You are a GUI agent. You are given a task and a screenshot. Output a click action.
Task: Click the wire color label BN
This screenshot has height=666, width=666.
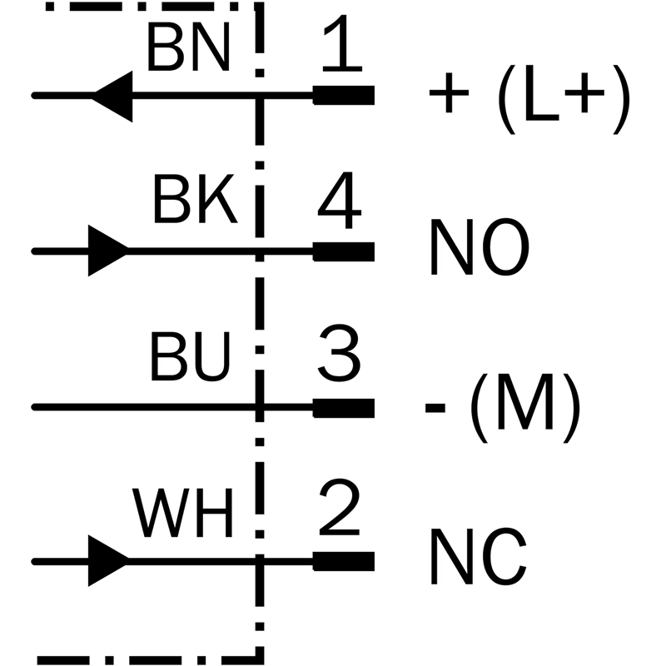click(x=189, y=47)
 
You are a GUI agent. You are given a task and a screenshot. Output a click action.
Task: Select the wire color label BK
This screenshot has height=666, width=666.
click(x=195, y=198)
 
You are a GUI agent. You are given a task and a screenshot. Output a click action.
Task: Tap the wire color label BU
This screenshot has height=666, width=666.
click(x=190, y=355)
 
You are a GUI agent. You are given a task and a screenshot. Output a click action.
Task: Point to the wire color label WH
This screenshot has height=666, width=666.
click(x=183, y=512)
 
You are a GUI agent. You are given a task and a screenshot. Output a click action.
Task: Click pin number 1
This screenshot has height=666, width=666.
click(x=342, y=43)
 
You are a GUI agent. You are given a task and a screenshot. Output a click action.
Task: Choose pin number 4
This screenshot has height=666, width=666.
click(x=340, y=200)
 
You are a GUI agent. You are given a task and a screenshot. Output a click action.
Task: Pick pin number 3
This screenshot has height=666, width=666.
click(x=340, y=353)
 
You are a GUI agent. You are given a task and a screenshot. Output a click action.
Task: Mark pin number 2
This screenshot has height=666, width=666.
click(x=340, y=507)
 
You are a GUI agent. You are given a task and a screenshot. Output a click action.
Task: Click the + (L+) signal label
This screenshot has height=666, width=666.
click(x=529, y=99)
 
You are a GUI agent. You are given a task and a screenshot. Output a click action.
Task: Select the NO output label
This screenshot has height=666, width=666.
click(x=480, y=247)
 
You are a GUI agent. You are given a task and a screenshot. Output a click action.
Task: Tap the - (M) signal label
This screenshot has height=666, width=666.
click(x=503, y=408)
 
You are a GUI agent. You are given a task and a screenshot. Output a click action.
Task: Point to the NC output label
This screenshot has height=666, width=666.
click(x=479, y=556)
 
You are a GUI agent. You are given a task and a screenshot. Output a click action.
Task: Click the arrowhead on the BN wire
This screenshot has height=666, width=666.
click(x=112, y=96)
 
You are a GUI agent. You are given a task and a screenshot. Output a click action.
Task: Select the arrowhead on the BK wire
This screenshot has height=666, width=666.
click(x=108, y=251)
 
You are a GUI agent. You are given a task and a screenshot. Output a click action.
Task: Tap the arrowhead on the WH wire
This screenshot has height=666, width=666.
click(x=108, y=560)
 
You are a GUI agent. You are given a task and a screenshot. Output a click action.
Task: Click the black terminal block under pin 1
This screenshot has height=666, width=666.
click(x=344, y=95)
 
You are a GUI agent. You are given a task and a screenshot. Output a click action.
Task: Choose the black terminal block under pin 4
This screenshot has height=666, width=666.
click(x=344, y=251)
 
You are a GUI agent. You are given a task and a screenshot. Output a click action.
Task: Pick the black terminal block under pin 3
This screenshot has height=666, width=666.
click(x=344, y=408)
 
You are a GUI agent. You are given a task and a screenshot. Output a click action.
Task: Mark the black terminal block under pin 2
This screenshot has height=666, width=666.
click(x=344, y=561)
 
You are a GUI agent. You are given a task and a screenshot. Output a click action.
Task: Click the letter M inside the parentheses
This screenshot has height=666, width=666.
click(x=525, y=403)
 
